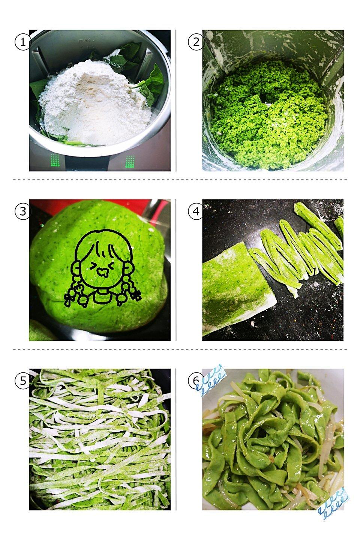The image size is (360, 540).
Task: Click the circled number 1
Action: (x=23, y=42)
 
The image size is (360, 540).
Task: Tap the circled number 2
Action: (x=196, y=42)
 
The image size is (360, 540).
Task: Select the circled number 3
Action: (x=23, y=211)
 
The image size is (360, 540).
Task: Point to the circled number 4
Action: (x=196, y=211)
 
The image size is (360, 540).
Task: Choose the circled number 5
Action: (x=23, y=381)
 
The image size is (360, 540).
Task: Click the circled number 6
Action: (x=196, y=381)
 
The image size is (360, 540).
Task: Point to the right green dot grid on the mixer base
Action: (x=130, y=162)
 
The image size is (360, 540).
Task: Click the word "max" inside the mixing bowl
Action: (x=85, y=40)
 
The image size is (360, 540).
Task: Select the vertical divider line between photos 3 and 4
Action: (x=176, y=270)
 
